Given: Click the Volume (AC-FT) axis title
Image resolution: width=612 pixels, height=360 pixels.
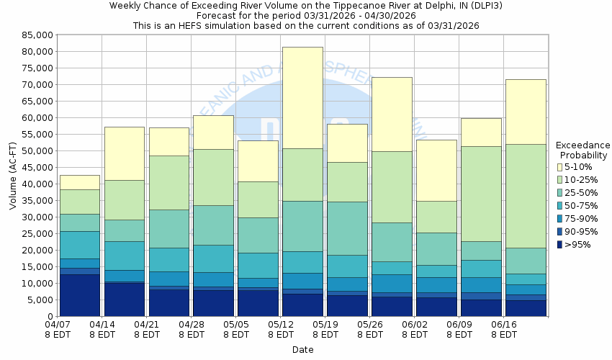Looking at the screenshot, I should click(12, 175).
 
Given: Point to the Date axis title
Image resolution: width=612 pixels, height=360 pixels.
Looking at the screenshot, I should click(302, 349).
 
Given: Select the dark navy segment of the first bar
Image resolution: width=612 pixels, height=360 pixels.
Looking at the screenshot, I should click(80, 295).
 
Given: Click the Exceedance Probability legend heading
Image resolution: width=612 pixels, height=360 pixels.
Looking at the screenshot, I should click(584, 150).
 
